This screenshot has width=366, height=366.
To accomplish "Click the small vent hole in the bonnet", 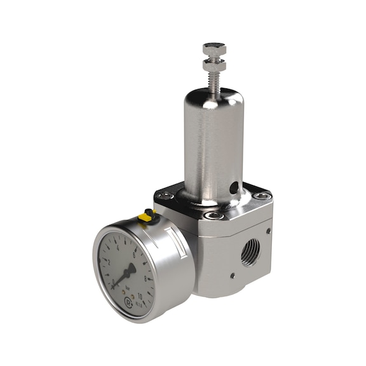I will pos(234,187).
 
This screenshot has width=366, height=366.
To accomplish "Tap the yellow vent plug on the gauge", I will pos(146,217).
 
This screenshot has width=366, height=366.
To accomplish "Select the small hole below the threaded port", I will pos(233,276).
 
